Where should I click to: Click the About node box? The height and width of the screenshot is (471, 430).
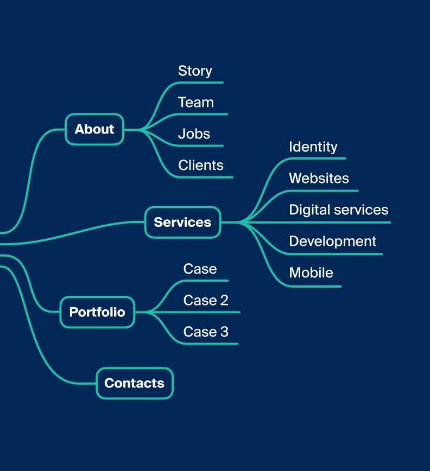pyautogui.click(x=94, y=129)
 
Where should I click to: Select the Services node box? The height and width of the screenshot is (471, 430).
pyautogui.click(x=183, y=222)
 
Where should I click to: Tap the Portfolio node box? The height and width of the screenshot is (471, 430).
pyautogui.click(x=97, y=312)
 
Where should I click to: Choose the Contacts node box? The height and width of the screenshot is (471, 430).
pyautogui.click(x=135, y=383)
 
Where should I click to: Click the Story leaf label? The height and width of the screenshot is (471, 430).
pyautogui.click(x=195, y=71)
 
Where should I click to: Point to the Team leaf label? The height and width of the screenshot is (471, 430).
pyautogui.click(x=195, y=103)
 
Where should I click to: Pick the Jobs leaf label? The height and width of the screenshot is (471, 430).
pyautogui.click(x=194, y=134)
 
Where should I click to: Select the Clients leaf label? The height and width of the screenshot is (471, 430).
pyautogui.click(x=201, y=165)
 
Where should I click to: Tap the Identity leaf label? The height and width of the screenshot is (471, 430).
pyautogui.click(x=313, y=147)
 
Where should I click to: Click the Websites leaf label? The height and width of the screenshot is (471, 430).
pyautogui.click(x=319, y=178)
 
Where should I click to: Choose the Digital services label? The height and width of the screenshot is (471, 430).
pyautogui.click(x=339, y=209)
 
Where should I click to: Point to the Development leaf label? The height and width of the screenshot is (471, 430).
pyautogui.click(x=333, y=241)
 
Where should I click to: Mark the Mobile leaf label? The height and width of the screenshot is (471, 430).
pyautogui.click(x=311, y=273)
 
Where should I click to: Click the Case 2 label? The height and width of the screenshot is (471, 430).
pyautogui.click(x=206, y=301)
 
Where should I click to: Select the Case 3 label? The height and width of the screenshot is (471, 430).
pyautogui.click(x=206, y=332)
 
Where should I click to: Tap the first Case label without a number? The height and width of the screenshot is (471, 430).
pyautogui.click(x=200, y=269)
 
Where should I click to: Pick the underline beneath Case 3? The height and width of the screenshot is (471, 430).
pyautogui.click(x=210, y=344)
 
